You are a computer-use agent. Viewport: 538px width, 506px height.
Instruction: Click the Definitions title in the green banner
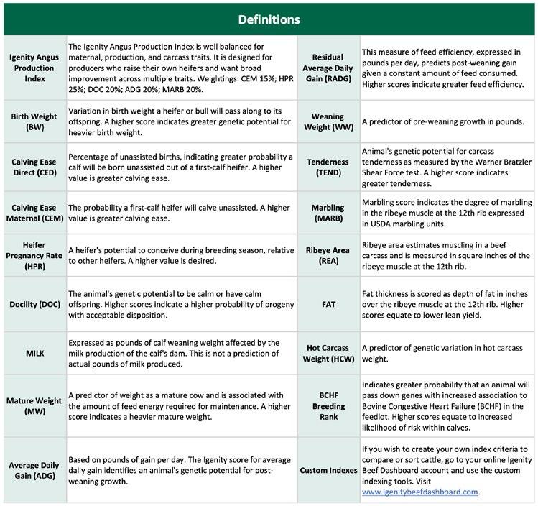269,17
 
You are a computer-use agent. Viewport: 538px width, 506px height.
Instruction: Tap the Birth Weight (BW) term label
33,120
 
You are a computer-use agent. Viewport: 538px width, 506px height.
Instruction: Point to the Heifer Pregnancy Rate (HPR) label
33,256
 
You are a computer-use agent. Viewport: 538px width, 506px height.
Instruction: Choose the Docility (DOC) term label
33,303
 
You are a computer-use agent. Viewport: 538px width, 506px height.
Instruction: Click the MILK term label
33,352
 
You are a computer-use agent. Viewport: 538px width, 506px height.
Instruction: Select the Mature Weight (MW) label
33,405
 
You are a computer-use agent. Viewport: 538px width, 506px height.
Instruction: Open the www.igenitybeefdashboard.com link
419,492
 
